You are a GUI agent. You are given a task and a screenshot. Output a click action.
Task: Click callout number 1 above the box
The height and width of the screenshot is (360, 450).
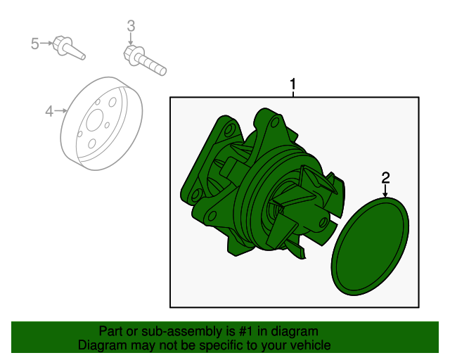pyautogui.click(x=293, y=86)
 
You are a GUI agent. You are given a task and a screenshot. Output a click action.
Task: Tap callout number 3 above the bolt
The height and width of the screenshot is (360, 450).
pyautogui.click(x=131, y=27)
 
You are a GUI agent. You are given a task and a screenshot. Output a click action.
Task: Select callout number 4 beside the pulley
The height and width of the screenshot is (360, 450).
pyautogui.click(x=50, y=110)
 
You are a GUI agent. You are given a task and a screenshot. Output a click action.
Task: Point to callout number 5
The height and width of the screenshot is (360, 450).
pyautogui.click(x=35, y=44)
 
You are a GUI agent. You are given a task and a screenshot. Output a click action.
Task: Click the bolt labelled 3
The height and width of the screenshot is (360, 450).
pyautogui.click(x=146, y=60)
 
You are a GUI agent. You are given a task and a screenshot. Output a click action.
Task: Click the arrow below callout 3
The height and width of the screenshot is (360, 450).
pyautogui.click(x=131, y=41)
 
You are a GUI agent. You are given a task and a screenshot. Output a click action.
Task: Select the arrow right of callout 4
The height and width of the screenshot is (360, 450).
pyautogui.click(x=63, y=110)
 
